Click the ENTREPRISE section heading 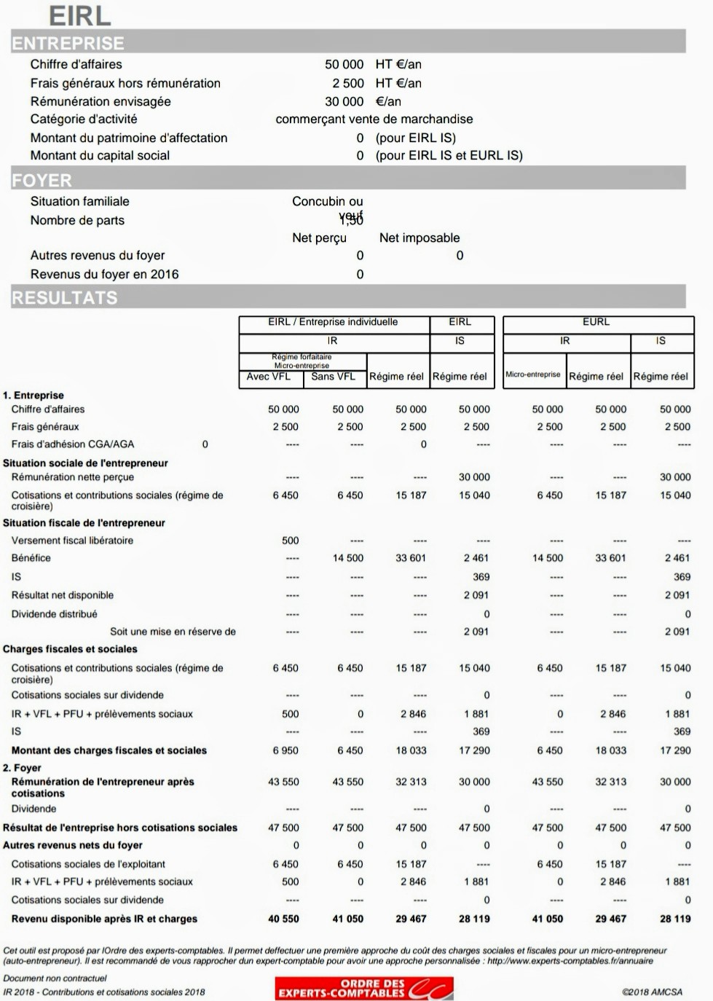68,43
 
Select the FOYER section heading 42,180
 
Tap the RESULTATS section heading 64,297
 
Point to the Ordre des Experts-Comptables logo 364,988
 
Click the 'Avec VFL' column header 268,377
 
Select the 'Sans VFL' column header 333,377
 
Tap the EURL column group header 596,321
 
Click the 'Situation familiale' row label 79,201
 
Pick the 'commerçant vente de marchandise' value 374,119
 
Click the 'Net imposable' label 419,238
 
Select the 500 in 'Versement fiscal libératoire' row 290,541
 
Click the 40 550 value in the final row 283,919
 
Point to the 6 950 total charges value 285,750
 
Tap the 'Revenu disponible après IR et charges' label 104,919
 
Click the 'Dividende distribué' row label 54,614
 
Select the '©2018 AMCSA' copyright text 652,992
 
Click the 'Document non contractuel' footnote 55,978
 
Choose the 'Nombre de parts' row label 77,220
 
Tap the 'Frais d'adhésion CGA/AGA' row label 73,444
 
